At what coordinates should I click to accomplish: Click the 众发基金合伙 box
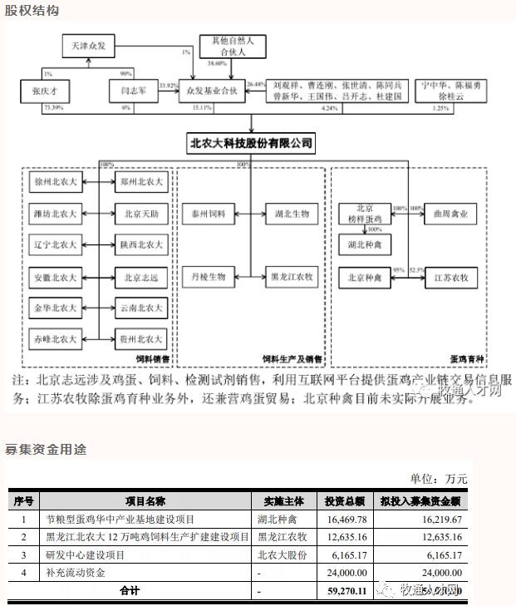tap(213, 91)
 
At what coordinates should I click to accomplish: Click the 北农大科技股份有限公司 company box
tap(252, 144)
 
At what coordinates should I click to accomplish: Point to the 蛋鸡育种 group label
tap(468, 358)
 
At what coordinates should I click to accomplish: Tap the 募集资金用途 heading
tap(45, 449)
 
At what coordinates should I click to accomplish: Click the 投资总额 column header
tap(344, 500)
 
